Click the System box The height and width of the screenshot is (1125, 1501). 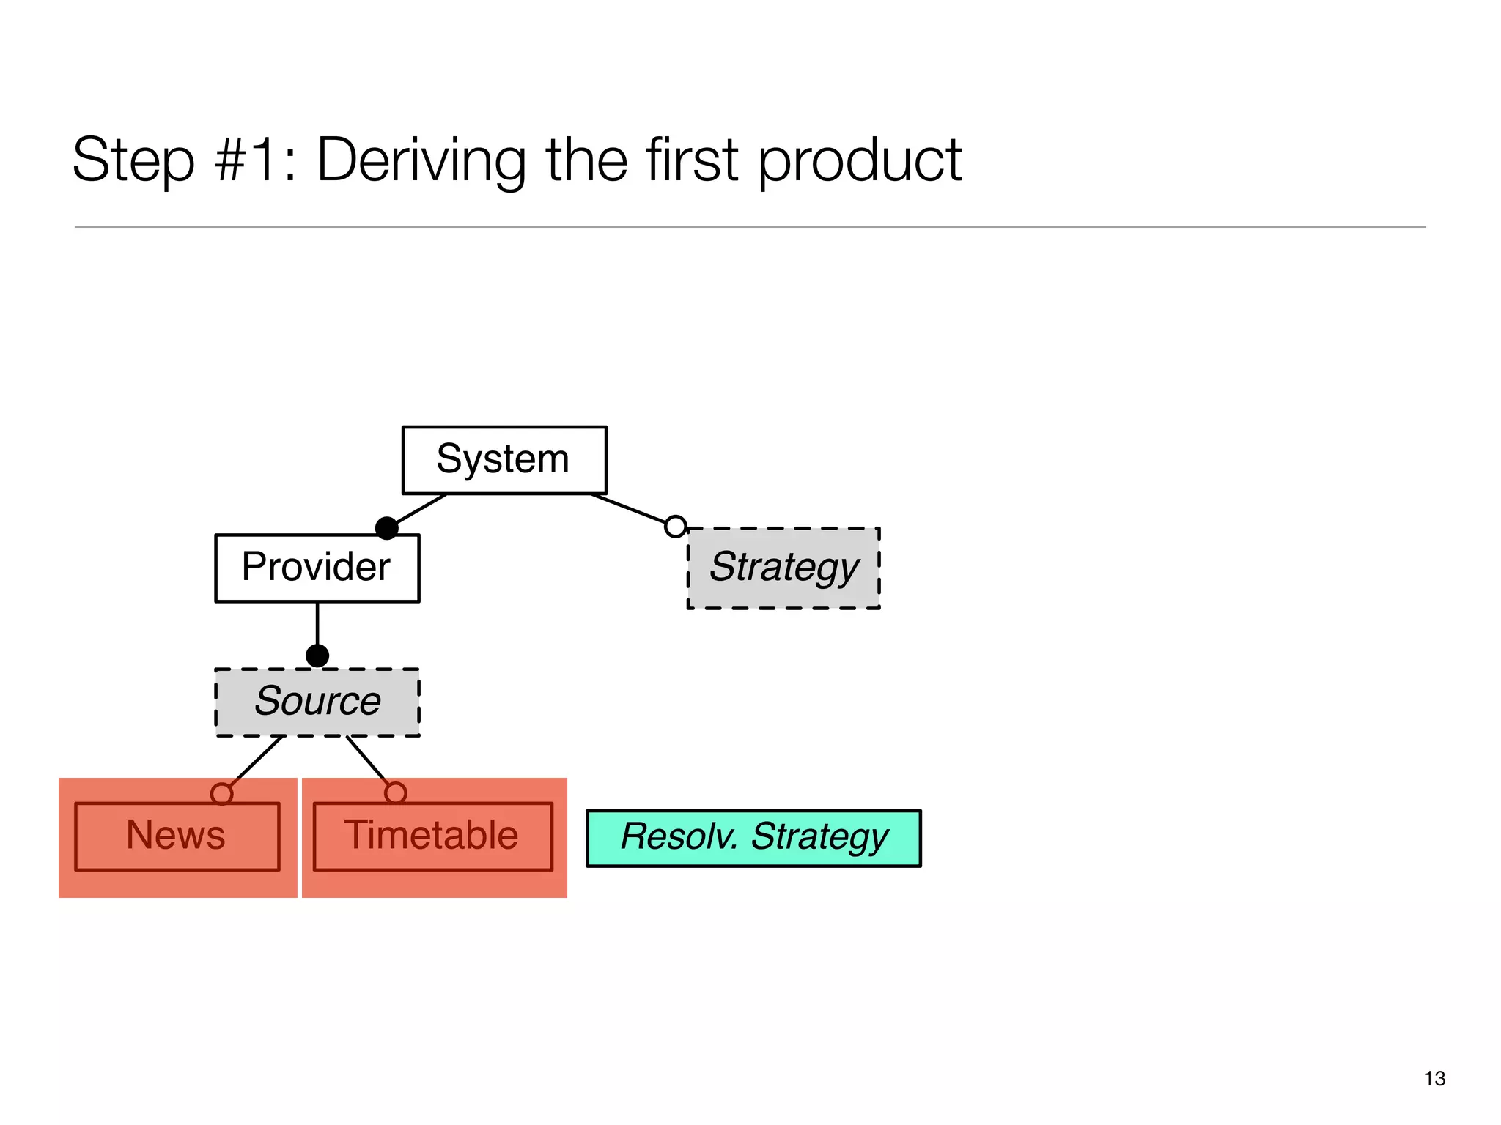point(504,460)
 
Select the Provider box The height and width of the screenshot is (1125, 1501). point(317,568)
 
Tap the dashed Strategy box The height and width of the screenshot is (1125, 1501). point(783,568)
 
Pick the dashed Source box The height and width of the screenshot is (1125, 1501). point(317,702)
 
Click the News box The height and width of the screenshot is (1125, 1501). point(177,836)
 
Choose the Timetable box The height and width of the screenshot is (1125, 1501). point(432,836)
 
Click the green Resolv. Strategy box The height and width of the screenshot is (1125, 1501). point(753,838)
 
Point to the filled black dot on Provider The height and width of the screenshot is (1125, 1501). point(386,528)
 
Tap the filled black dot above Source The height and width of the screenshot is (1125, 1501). point(317,656)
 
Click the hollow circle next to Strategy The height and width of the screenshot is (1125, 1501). point(675,526)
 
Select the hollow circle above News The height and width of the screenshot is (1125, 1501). point(221,794)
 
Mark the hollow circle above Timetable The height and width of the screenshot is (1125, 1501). point(395,792)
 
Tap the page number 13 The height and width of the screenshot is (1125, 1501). point(1434,1078)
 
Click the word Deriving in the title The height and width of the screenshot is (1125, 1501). point(421,160)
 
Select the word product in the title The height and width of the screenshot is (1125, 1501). point(859,160)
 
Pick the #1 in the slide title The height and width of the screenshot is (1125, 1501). point(253,160)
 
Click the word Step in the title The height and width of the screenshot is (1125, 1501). point(133,160)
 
